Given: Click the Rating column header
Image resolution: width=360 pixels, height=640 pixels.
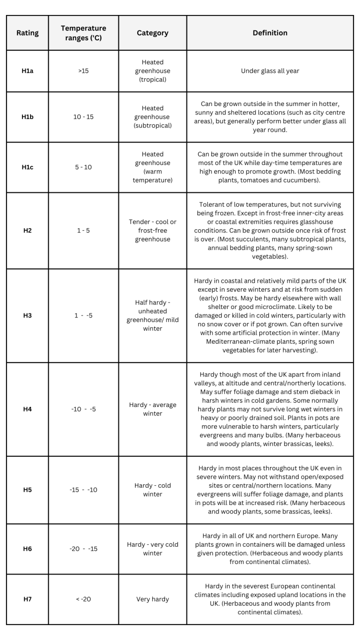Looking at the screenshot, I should tap(27, 33).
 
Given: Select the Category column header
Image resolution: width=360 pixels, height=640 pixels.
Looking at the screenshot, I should tap(152, 33).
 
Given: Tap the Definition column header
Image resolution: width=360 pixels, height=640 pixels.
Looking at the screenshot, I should tap(270, 33).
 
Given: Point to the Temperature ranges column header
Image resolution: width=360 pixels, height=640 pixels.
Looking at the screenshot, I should tap(83, 33).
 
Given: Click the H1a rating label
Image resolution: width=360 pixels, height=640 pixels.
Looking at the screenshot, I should tap(27, 71).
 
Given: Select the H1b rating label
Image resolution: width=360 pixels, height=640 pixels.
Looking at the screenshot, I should tap(27, 117).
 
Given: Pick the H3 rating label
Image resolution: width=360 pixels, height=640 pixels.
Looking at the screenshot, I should tap(27, 315).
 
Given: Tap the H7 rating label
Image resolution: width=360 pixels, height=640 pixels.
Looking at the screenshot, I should tap(27, 599).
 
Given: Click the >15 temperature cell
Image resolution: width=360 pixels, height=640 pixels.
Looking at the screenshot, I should tap(83, 71).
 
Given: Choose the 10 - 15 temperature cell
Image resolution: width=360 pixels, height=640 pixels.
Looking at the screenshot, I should tap(83, 117).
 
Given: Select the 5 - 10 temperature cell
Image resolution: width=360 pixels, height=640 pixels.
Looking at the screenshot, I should tap(83, 167).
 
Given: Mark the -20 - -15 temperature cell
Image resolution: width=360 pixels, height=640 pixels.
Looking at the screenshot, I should tap(83, 549).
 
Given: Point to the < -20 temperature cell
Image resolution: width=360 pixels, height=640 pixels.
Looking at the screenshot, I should tap(83, 599).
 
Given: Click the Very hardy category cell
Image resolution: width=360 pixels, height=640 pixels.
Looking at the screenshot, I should tap(152, 599).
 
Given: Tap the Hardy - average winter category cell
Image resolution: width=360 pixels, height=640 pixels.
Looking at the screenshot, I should tap(152, 409).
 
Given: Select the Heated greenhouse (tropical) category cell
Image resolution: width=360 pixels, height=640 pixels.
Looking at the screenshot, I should tap(152, 71).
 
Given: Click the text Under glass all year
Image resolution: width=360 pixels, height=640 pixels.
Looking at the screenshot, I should tap(270, 71).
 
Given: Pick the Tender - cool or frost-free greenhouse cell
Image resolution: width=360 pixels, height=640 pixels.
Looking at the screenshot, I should tap(152, 230).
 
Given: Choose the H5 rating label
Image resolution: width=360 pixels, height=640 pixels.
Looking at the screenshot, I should tap(27, 489).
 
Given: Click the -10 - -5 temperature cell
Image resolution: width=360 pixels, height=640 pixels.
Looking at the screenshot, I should tap(83, 409).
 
